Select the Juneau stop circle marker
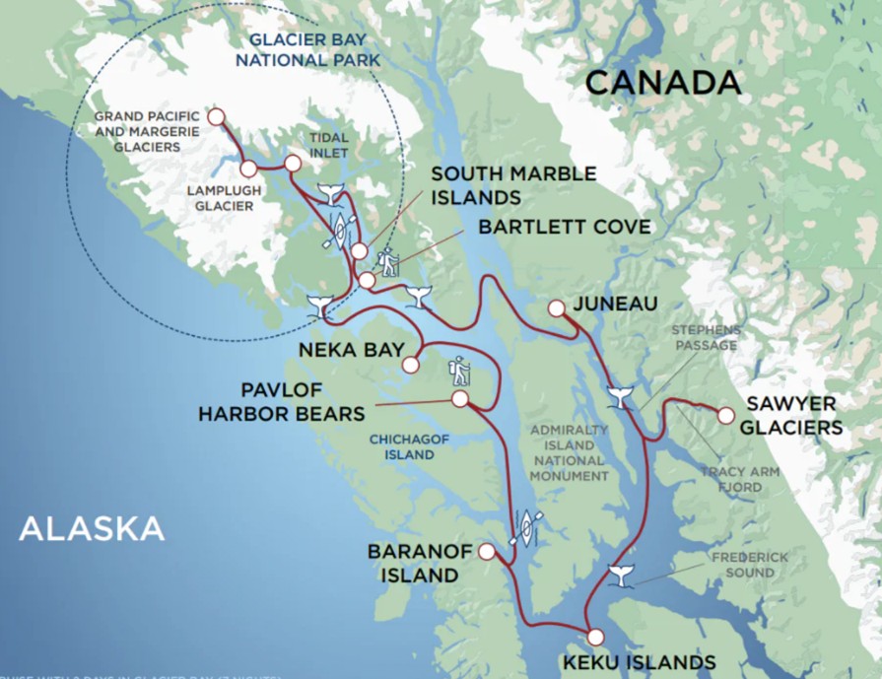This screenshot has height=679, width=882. (556, 307)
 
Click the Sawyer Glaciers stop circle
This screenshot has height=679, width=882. (725, 416)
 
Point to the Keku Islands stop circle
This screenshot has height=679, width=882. (595, 637)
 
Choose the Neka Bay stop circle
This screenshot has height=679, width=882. (411, 365)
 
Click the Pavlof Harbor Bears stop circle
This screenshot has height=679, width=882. (459, 398)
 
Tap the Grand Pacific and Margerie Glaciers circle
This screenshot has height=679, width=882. (216, 117)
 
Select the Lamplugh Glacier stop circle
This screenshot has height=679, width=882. (247, 169)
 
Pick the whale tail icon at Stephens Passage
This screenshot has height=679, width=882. (620, 396)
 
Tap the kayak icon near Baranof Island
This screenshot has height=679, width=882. (526, 527)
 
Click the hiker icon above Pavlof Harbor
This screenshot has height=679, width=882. (459, 371)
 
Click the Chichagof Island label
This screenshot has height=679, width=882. (402, 447)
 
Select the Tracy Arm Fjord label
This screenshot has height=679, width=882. (739, 479)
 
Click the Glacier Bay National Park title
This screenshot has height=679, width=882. (312, 50)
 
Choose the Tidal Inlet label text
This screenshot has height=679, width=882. (328, 145)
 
